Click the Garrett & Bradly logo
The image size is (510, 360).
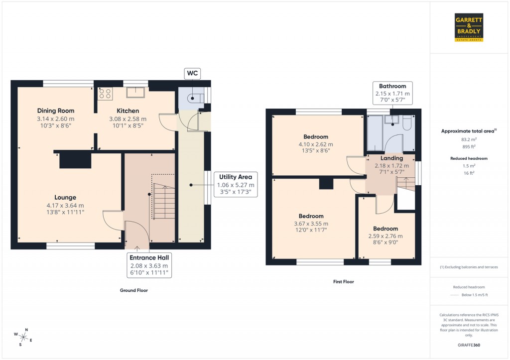click(x=469, y=27)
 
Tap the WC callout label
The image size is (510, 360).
click(x=192, y=73)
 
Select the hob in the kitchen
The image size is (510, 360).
click(x=105, y=93)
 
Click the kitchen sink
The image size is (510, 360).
click(x=135, y=93)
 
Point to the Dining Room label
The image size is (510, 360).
click(x=55, y=111)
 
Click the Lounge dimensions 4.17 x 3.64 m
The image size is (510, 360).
click(x=65, y=205)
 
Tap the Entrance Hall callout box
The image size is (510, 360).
click(x=149, y=266)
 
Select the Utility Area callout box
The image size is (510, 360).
click(x=236, y=185)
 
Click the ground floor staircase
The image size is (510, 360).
click(x=164, y=201)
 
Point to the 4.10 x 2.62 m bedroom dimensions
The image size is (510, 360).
click(x=316, y=144)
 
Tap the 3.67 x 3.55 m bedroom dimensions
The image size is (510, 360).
click(x=311, y=224)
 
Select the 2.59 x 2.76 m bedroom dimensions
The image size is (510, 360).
click(x=385, y=236)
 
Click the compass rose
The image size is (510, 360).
click(x=23, y=337)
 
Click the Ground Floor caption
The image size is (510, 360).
click(x=134, y=290)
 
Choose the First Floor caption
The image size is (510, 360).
click(x=343, y=281)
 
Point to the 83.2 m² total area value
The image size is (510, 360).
click(x=468, y=140)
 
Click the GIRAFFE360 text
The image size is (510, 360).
click(x=468, y=345)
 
